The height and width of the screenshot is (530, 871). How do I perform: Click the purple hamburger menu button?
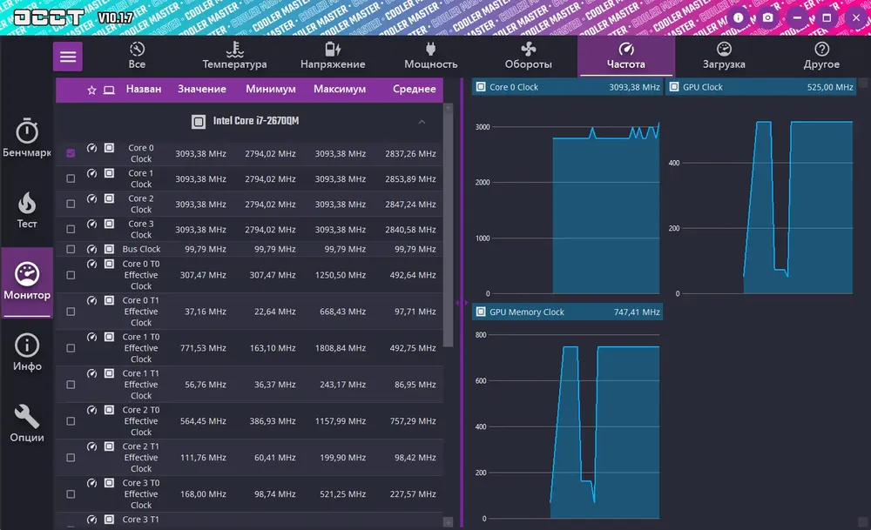pos(68,57)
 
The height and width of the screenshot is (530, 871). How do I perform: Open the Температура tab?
pos(234,56)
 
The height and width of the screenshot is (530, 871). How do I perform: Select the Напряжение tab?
pos(333,56)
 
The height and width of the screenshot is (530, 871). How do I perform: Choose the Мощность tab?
pos(430,56)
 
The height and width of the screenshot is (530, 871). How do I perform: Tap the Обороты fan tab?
pos(528,56)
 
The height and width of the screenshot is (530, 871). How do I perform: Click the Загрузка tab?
pos(724,56)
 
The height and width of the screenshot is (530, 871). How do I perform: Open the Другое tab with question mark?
pos(821,56)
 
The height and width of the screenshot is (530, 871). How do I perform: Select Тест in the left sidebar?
pos(27,211)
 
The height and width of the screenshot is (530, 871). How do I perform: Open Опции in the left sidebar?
pos(27,424)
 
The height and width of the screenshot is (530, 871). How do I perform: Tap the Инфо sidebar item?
pos(27,353)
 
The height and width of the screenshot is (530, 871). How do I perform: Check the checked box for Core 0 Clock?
pos(71,153)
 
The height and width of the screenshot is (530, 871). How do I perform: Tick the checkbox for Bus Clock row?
pos(71,250)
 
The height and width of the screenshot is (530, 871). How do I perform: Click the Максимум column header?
pos(340,89)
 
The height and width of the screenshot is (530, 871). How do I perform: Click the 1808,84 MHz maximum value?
pos(340,348)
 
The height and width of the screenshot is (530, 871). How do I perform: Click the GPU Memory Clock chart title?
pos(527,312)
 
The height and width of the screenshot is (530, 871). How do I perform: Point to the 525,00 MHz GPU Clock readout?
pos(830,87)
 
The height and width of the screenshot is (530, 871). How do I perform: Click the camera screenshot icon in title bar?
pos(767,17)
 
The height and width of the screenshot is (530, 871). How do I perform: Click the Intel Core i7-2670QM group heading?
pos(261,122)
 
